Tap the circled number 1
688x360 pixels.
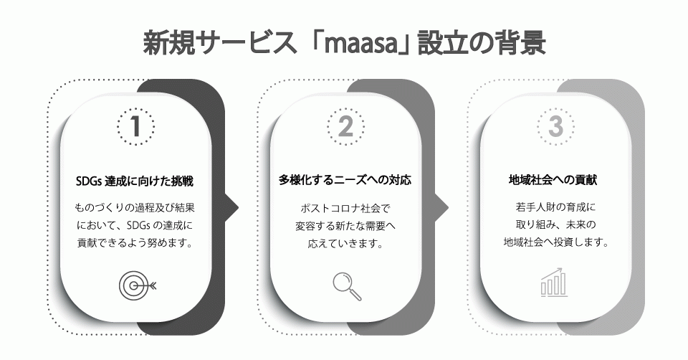click(x=135, y=126)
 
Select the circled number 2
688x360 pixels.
click(x=345, y=126)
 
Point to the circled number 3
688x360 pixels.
click(x=555, y=126)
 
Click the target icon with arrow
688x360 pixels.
click(x=136, y=285)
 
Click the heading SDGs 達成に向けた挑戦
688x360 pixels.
click(x=135, y=181)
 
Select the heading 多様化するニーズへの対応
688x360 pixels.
click(x=345, y=181)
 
